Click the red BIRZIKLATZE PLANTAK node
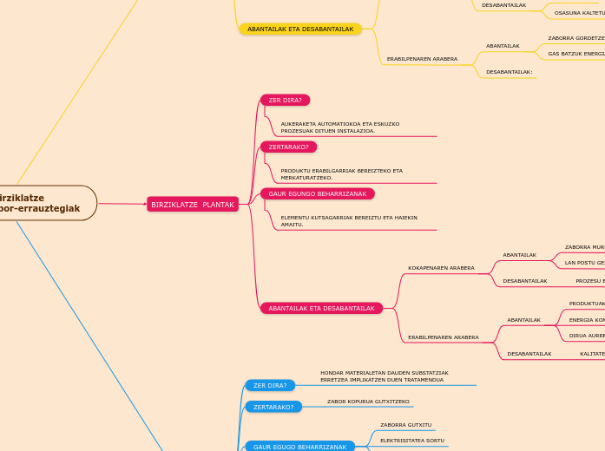point(193,205)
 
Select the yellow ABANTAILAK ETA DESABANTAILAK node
point(300,29)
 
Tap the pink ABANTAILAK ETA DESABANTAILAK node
point(321,308)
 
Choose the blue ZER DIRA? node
point(270,385)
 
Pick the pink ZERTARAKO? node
point(288,147)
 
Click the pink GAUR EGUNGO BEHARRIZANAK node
point(317,193)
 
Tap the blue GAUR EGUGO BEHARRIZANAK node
point(299,447)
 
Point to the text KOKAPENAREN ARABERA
point(441,268)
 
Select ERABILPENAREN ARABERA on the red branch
point(443,337)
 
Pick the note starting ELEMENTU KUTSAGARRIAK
point(348,221)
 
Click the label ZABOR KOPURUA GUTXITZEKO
point(368,402)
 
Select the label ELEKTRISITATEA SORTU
point(411,441)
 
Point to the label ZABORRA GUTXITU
point(405,425)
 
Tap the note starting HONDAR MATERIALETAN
point(384,376)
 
